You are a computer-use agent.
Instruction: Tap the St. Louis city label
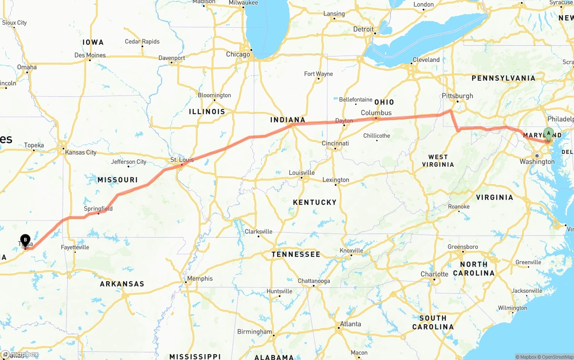pos(182,160)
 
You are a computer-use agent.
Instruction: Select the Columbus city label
pos(376,113)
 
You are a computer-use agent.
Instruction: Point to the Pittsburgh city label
pos(457,96)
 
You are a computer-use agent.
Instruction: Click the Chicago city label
pos(238,54)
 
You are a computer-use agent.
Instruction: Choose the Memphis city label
pos(200,278)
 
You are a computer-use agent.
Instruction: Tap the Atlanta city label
pos(350,324)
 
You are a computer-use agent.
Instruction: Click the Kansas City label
pos(81,152)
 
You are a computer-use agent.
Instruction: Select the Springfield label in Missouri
pos(98,208)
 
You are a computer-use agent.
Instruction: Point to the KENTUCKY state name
pos(314,202)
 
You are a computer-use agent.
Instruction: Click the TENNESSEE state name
pos(296,254)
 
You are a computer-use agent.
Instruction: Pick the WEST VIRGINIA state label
pos(438,160)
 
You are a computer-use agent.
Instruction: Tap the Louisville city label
pos(301,173)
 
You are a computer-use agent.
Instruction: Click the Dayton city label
pos(344,121)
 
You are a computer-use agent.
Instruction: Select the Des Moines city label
pos(90,55)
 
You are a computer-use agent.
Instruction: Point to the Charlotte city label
pos(434,274)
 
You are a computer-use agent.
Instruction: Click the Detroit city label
pos(363,29)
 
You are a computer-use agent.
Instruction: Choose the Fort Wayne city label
pos(318,74)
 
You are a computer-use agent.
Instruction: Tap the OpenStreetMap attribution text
pos(557,357)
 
